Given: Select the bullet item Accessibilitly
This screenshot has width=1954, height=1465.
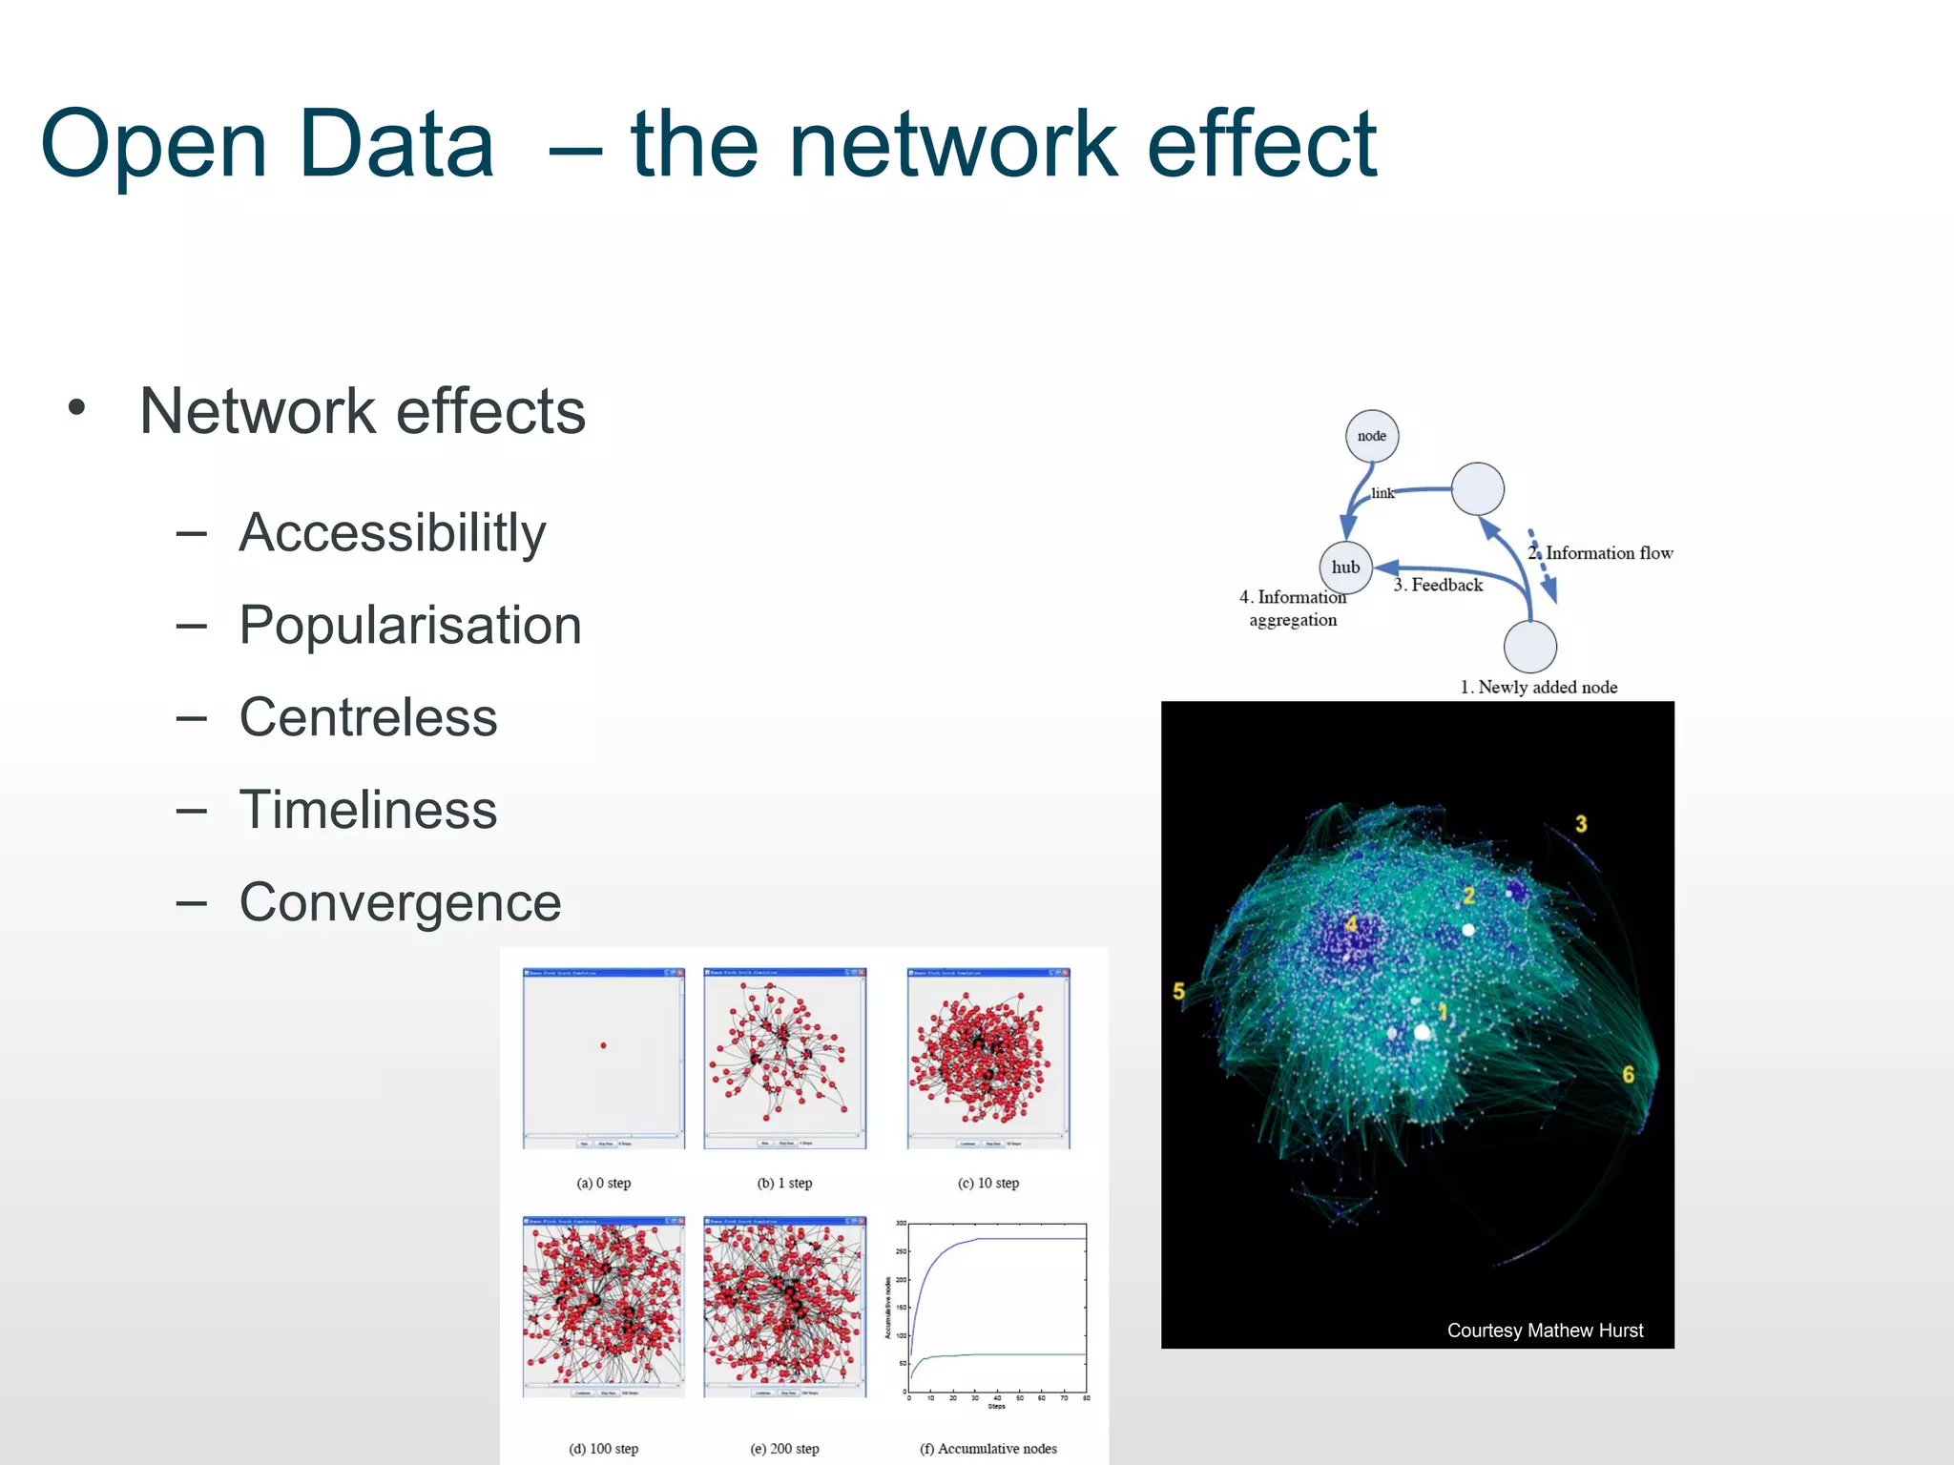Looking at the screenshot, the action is coord(391,532).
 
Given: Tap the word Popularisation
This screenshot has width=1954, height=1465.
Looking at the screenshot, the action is coord(410,626).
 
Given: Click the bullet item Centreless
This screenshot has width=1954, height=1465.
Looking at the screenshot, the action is coord(368,717).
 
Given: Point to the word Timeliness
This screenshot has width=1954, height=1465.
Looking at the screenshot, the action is coord(368,810).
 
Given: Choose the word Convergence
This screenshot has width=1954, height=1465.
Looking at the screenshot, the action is coord(400,902).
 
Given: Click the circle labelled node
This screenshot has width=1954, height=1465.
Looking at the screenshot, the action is coord(1372,436).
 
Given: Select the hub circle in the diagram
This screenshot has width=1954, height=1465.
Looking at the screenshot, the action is coord(1345,567).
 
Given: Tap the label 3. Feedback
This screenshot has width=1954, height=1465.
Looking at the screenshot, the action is coord(1438,585).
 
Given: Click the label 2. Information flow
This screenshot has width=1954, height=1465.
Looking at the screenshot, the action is coord(1601,553).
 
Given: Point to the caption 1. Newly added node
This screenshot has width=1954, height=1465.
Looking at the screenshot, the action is coord(1539,687).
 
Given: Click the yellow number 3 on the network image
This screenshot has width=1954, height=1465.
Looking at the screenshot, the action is coord(1581,824).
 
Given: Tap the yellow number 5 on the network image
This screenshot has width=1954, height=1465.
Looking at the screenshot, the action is coord(1178,992).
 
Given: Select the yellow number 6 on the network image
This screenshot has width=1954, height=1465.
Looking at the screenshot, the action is coord(1629,1075).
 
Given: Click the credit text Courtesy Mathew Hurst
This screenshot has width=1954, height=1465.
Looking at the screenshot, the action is coord(1545,1331).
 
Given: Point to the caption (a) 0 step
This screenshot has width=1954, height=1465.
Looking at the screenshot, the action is coord(604,1183).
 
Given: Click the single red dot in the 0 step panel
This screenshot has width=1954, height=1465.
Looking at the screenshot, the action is coord(603,1045).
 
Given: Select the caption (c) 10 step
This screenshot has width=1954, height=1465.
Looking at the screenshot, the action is coord(988,1183).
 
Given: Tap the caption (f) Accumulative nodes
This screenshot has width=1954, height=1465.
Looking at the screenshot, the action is coord(988,1449).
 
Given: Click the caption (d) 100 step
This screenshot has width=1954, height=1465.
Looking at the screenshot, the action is coord(604,1449).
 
